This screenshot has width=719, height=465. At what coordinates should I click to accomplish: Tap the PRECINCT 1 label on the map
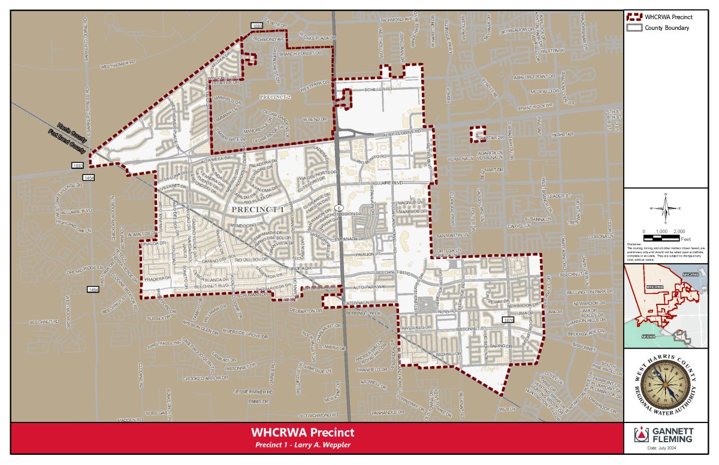257,210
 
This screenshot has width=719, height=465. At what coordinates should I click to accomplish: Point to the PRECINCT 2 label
275,96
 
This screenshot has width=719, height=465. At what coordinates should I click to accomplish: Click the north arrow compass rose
665,207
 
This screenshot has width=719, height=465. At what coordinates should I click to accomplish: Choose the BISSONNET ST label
470,329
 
